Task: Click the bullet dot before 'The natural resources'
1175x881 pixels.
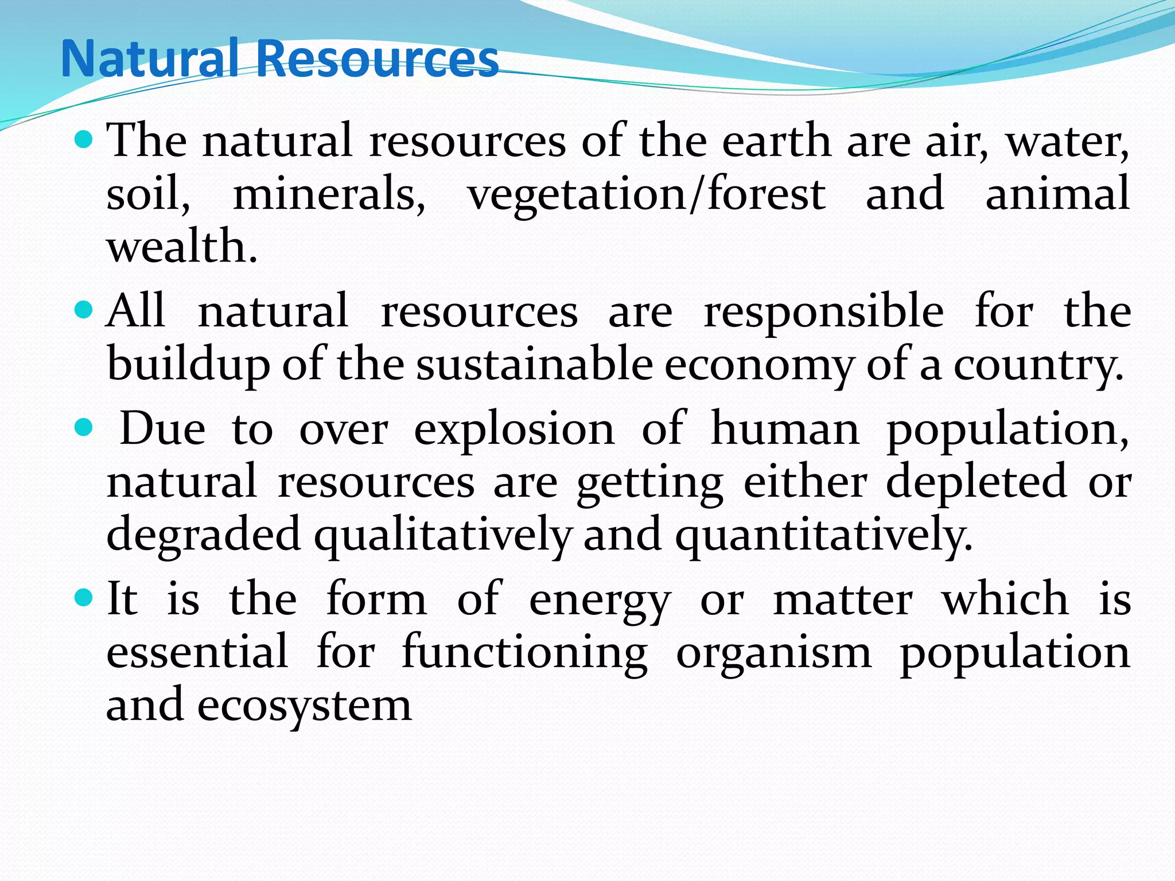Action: (84, 139)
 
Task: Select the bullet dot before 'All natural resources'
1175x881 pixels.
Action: (84, 310)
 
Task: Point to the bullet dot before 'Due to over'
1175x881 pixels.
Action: (84, 427)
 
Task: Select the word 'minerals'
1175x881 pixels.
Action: (329, 194)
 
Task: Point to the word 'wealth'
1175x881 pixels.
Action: (181, 246)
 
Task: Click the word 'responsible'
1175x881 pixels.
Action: (824, 313)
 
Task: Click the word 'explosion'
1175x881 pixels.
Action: (514, 430)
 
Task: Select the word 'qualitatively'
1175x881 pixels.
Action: (442, 535)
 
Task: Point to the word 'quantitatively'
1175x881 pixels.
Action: (823, 535)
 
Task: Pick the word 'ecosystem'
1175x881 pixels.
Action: (304, 706)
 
